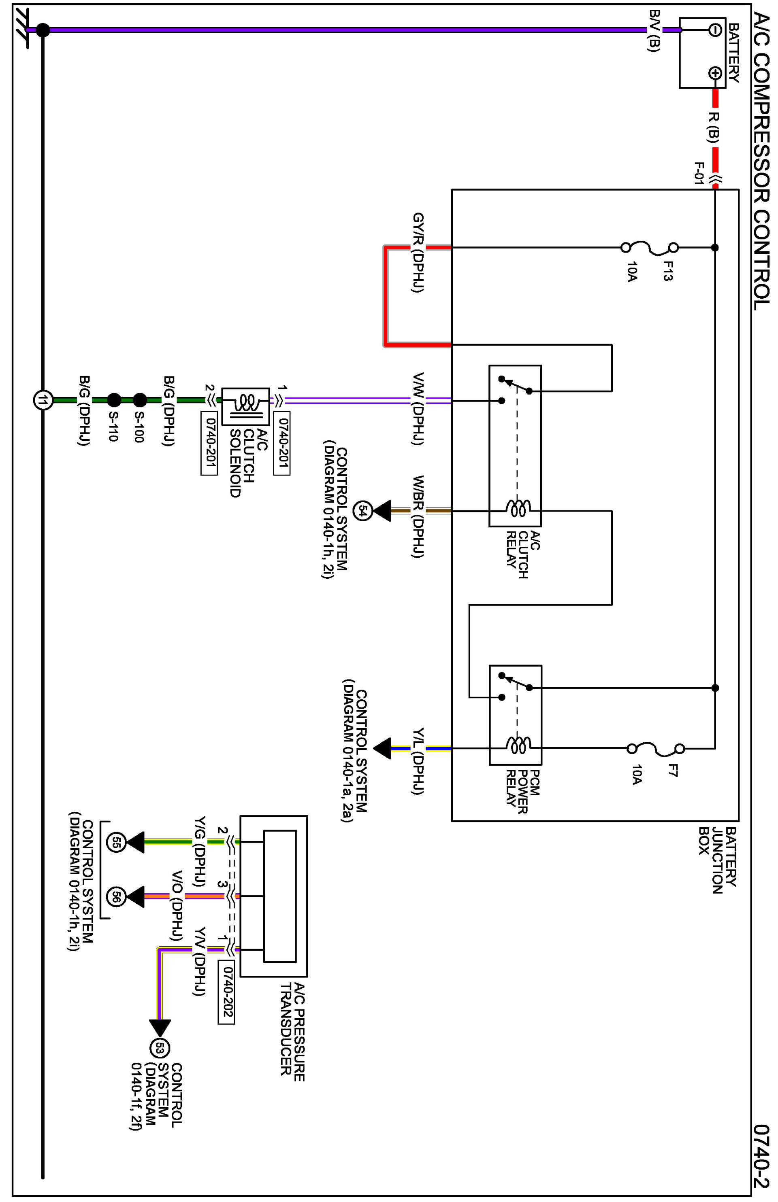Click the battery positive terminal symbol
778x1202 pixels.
pos(714,73)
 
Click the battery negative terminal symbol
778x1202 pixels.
pos(714,30)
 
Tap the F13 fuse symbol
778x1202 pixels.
pos(650,247)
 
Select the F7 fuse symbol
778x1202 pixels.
pos(656,749)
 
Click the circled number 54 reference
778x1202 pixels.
pos(362,511)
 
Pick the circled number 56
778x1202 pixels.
pos(116,896)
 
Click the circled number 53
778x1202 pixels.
pos(160,1049)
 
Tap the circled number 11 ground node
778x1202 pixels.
pos(43,400)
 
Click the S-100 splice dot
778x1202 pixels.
pos(140,400)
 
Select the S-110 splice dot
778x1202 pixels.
pos(114,400)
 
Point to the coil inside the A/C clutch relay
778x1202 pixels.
pos(518,508)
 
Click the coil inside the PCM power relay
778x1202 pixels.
pos(518,745)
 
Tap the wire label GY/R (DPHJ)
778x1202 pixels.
pos(418,253)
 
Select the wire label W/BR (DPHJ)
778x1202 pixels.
pos(418,516)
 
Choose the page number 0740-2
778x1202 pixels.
pos(761,1156)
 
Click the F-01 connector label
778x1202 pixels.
pos(699,173)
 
